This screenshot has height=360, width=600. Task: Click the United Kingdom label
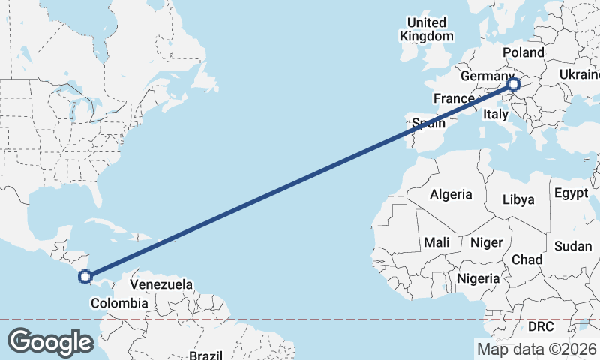426,29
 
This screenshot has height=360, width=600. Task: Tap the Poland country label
523,52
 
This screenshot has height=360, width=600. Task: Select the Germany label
486,77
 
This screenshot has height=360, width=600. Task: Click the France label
454,98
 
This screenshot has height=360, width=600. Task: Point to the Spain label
428,124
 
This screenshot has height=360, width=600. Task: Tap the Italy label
495,114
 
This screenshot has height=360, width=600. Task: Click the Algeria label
451,194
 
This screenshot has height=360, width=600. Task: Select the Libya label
518,199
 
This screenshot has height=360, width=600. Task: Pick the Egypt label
571,193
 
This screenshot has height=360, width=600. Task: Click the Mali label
436,242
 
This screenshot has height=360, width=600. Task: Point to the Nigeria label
478,278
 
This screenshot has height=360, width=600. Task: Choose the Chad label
526,259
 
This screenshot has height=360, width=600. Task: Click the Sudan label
573,246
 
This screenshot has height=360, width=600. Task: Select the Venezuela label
161,285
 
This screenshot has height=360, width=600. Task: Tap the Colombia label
118,303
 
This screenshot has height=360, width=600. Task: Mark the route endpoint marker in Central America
85,277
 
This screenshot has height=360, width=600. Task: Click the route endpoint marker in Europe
514,84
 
